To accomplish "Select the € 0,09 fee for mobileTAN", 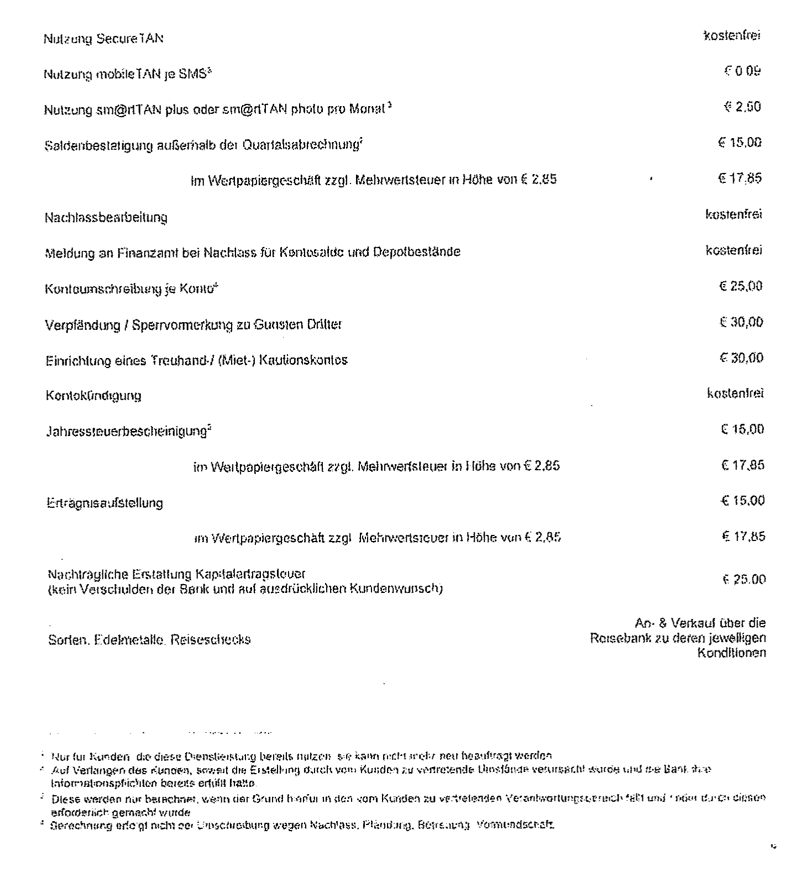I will coord(742,71).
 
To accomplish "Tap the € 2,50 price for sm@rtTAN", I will coord(742,107).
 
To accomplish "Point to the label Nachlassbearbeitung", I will coord(106,218).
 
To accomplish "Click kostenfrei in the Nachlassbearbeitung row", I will coord(734,214).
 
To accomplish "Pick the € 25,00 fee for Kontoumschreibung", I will coord(741,286).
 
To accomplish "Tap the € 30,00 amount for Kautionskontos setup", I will coord(741,358).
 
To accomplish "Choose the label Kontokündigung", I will coord(93,396).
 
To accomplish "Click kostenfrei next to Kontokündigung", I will coord(735,394).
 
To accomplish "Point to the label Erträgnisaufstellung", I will coord(105,503).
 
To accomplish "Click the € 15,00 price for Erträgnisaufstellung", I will coord(742,501).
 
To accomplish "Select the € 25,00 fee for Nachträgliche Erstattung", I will coord(744,580).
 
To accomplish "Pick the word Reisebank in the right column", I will coord(615,638).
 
